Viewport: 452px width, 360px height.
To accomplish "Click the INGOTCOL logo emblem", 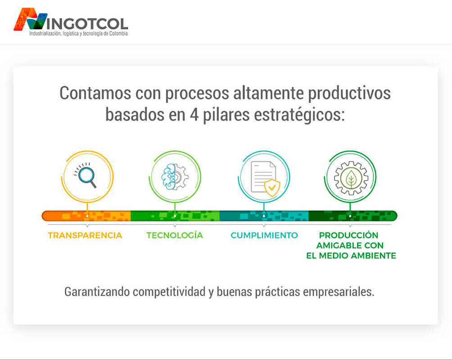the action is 31,19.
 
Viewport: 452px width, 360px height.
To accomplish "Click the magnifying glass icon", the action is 85,175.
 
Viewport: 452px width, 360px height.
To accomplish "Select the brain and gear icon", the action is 175,176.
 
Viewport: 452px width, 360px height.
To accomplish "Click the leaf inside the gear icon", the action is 351,178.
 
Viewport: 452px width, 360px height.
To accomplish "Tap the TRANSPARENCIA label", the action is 85,235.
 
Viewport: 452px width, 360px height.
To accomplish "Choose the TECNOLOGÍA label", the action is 175,235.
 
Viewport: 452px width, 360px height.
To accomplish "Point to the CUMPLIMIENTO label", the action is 264,235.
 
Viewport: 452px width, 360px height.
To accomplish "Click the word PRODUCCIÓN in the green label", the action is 348,235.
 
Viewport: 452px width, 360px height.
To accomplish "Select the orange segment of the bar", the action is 86,216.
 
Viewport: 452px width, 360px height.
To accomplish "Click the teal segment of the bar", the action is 264,216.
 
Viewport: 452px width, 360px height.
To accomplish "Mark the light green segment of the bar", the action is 175,216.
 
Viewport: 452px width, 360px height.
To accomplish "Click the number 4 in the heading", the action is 194,115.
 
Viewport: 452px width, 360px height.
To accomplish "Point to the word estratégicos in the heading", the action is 299,115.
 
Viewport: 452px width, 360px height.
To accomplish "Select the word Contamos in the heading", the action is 95,94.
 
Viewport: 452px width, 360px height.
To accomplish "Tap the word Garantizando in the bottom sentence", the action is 97,292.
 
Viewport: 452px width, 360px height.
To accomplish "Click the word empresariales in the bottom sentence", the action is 339,292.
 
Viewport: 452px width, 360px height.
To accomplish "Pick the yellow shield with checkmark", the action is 272,188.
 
